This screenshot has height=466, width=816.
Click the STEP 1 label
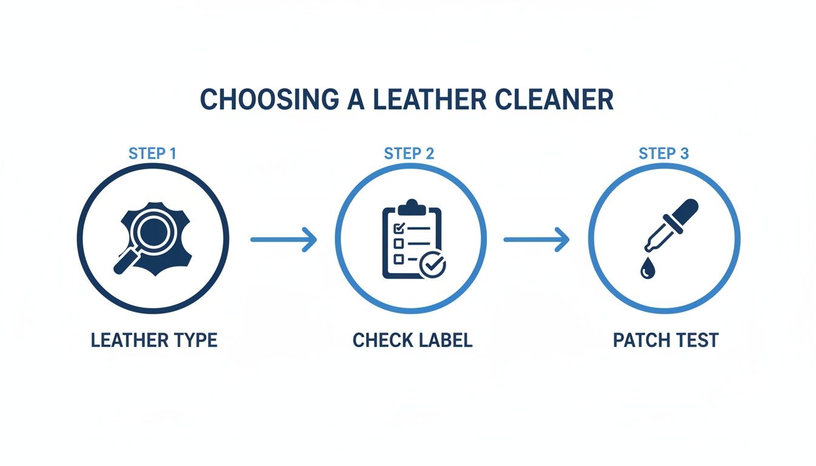152,154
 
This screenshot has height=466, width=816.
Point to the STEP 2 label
409,154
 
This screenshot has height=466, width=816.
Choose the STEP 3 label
664,154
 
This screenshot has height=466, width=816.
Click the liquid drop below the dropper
645,271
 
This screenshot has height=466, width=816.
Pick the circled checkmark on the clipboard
432,265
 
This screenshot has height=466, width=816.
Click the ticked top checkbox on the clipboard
399,229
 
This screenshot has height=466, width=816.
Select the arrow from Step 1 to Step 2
283,239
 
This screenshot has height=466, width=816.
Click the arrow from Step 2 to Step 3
537,239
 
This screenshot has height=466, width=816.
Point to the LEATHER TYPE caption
154,340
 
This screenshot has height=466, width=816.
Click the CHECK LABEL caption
412,340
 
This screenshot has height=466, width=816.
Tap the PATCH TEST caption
665,340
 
